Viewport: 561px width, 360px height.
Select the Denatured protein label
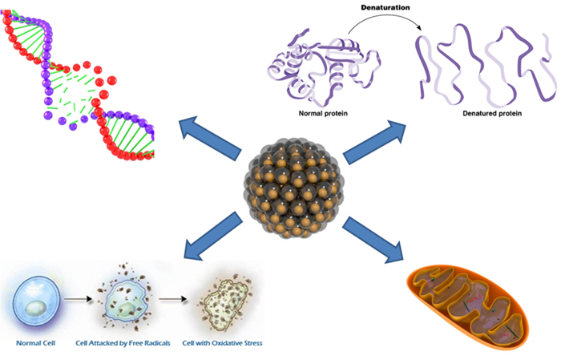click(x=492, y=114)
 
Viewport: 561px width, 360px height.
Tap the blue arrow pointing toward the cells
click(x=210, y=237)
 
